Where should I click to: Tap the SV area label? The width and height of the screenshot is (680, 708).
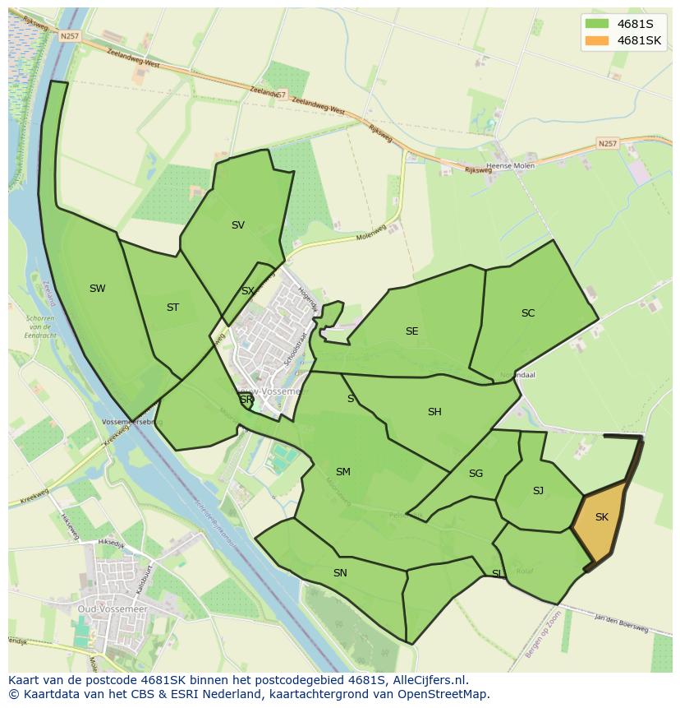point(238,225)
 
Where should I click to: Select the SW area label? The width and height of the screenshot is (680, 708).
point(98,289)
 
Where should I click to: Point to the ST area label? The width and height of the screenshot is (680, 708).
point(172,308)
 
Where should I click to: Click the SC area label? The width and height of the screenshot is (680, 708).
point(528,313)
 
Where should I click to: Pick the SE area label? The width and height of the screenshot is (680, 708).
point(411,331)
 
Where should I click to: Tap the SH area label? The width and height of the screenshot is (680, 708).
point(434,412)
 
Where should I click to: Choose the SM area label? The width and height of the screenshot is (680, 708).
point(343,472)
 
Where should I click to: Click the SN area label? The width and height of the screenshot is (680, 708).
point(340,572)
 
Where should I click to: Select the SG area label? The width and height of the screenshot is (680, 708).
point(476,474)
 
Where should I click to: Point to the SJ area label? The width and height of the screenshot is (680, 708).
point(538,491)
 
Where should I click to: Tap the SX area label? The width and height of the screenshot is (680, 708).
point(247,291)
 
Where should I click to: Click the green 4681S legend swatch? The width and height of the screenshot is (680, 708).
point(597,24)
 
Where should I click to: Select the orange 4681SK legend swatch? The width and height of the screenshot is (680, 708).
point(597,40)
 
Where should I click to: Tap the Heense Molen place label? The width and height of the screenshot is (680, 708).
point(511,166)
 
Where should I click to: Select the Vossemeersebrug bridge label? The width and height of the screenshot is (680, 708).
point(132,421)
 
